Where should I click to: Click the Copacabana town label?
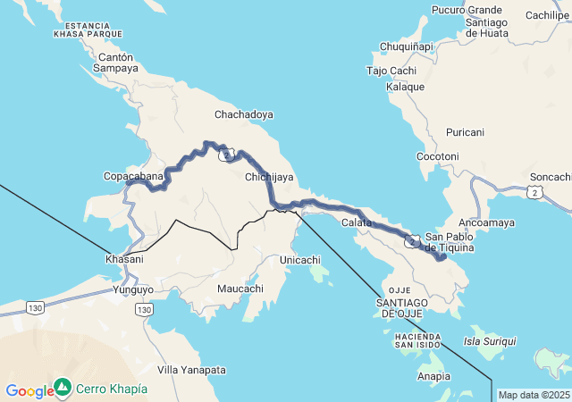(134, 176)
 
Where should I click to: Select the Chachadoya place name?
(243, 114)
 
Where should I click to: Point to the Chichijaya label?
(269, 177)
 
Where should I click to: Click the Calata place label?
(357, 222)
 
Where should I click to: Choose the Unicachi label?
(300, 259)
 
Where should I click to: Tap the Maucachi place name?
(240, 289)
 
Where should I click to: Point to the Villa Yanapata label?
(191, 370)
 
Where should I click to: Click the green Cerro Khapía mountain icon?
(63, 388)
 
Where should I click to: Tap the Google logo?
(29, 390)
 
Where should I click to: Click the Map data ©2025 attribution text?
(533, 395)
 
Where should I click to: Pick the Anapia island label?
(433, 376)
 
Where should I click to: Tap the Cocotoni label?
(438, 156)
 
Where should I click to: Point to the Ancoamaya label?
(486, 222)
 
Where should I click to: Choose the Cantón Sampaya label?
(116, 62)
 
